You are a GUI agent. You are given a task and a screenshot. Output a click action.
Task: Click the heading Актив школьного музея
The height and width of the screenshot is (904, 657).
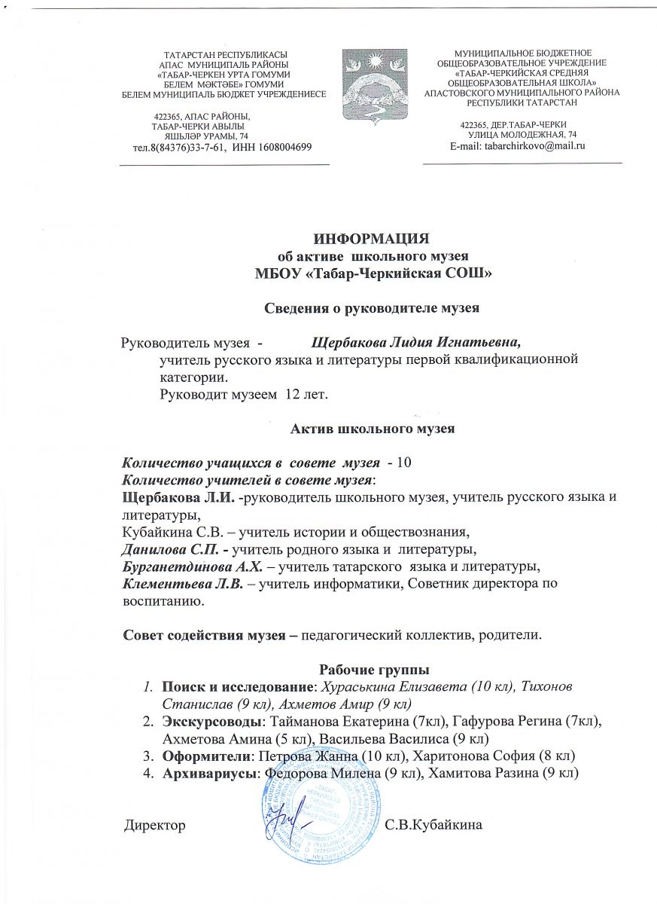point(373,430)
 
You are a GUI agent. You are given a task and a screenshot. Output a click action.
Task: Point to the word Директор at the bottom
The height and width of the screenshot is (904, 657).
point(154,826)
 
